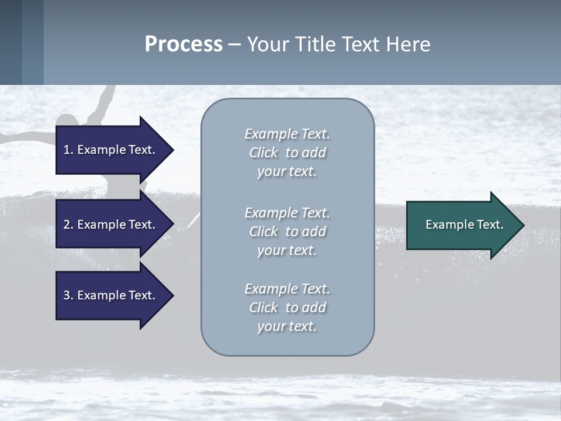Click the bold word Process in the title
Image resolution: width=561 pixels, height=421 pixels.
[183, 44]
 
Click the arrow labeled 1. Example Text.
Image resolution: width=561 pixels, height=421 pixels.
[111, 150]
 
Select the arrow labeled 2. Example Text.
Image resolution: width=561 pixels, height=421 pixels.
[111, 225]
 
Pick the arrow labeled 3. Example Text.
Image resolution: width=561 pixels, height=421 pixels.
[111, 295]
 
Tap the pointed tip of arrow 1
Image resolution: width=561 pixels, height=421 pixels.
[172, 150]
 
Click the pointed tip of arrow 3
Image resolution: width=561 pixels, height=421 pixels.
[172, 295]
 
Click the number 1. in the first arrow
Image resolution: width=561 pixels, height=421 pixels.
[68, 150]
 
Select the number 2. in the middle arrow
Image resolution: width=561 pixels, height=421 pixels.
[68, 225]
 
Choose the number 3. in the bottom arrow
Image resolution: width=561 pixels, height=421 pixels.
[68, 295]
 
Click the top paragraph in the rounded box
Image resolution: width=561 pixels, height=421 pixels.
[287, 153]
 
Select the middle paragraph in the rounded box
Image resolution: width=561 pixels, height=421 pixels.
[287, 232]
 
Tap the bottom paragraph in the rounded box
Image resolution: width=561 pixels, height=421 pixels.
[287, 308]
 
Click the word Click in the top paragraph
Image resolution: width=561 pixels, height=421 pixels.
[264, 153]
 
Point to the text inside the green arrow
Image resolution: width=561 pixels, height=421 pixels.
[464, 225]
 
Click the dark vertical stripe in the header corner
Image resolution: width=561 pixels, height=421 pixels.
[11, 42]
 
